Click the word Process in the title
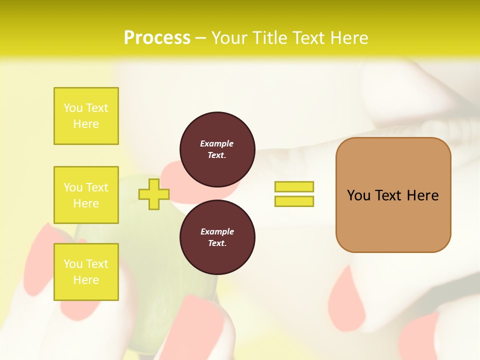pos(157,38)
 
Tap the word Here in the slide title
pos(348,38)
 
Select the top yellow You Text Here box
pos(86,116)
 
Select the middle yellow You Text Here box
pos(86,195)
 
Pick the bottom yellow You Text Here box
pos(86,272)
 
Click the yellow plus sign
pos(153,194)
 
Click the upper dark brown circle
pos(217,149)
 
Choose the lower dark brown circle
pos(217,237)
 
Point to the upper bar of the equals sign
pos(294,186)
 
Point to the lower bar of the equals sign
pos(294,201)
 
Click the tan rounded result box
pos(393,220)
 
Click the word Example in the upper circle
pos(217,143)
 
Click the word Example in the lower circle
pos(217,231)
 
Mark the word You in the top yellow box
pos(72,108)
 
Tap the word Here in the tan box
pos(422,195)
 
